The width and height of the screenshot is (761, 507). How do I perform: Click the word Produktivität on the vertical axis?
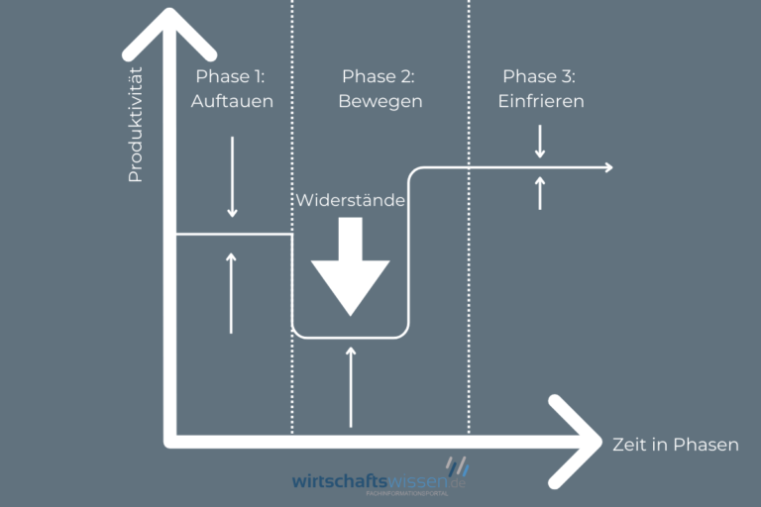(136, 124)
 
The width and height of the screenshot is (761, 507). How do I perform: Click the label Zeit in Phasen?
(676, 445)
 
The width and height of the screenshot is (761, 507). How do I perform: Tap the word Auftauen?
(234, 101)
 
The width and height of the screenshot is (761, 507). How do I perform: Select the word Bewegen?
(380, 101)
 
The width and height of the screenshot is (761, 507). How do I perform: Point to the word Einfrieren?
(541, 101)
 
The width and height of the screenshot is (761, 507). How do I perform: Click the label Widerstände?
(350, 200)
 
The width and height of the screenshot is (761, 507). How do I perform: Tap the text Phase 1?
(234, 76)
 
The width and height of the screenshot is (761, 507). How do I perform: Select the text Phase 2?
(380, 76)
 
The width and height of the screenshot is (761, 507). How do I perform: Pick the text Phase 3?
(541, 76)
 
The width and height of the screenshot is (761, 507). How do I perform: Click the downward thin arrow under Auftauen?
(232, 176)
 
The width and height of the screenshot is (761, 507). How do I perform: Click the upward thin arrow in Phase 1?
(232, 293)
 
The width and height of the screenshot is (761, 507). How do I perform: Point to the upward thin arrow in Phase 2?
(351, 386)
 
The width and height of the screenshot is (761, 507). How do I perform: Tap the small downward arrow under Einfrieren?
(540, 142)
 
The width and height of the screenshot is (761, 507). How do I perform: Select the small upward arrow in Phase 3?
(540, 192)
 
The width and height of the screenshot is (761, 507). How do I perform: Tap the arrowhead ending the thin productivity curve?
(606, 167)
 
